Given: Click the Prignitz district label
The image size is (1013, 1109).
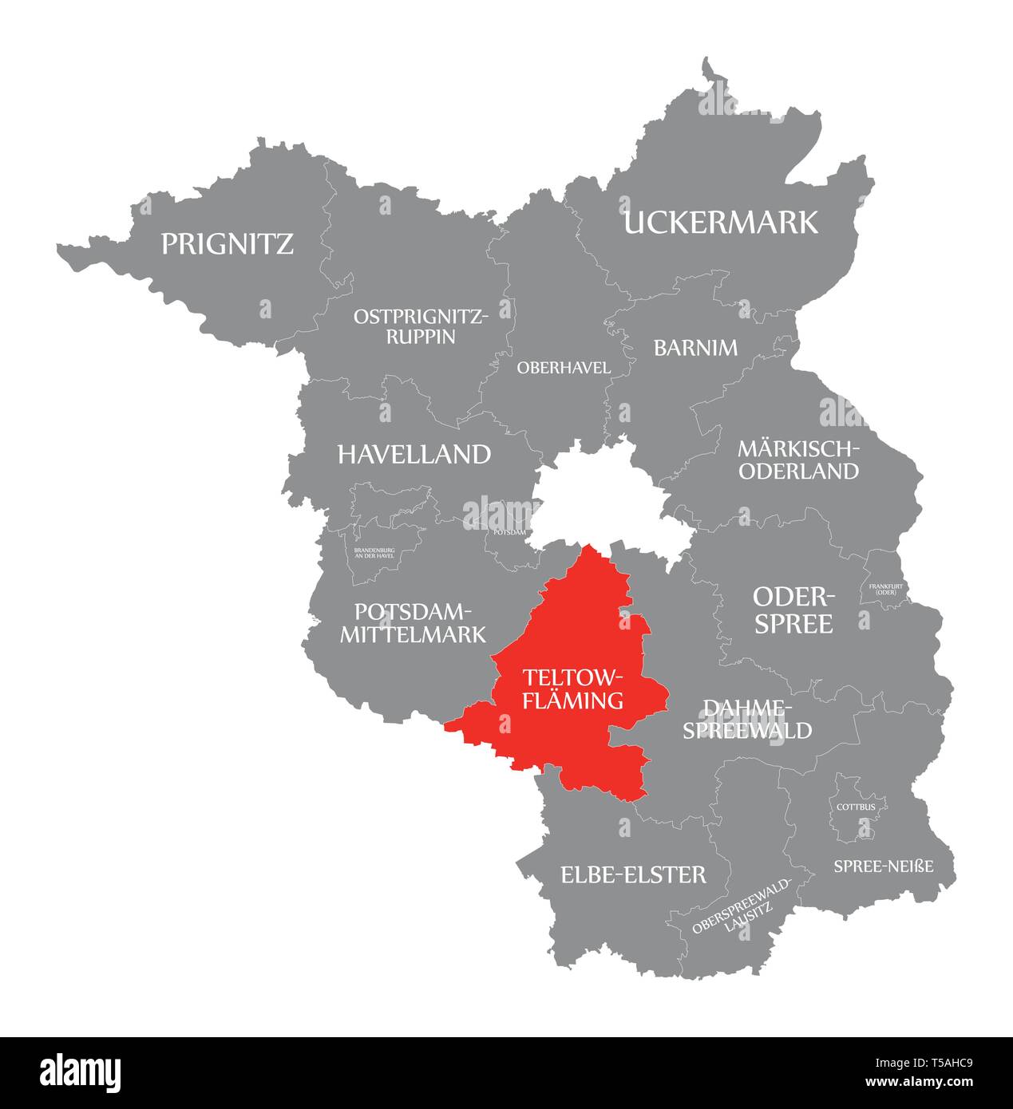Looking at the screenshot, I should coord(227,243).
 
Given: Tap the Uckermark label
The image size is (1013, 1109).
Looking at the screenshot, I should coord(720,223).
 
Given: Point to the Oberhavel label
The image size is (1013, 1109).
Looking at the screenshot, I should coord(564,368).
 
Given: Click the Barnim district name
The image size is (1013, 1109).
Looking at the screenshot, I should coord(695,348).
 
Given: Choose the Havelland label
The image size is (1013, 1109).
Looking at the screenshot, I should coord(414,455).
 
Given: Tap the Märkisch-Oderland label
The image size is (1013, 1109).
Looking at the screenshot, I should coord(798,460).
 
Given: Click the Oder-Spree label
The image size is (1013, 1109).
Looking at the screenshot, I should coord(793,610).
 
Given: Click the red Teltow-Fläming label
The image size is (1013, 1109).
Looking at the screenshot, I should coord(572,689).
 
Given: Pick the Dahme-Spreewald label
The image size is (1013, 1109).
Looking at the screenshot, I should coord(746,719).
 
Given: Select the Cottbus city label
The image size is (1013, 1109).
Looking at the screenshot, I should coord(856,807).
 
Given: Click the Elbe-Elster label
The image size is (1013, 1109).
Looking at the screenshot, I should coord(633,875).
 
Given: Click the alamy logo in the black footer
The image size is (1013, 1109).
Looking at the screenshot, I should coord(80,1073).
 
